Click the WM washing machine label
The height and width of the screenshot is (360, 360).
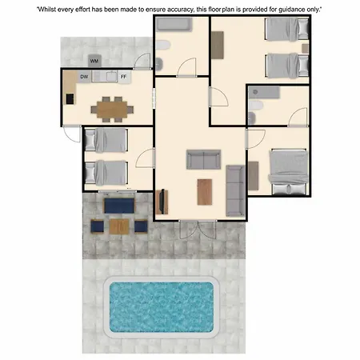coord(94,61)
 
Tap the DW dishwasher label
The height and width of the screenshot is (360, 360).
coord(84,77)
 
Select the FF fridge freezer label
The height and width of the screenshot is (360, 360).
coord(123,77)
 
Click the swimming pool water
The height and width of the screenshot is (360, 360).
coord(162,307)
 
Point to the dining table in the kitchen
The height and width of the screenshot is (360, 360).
coord(112,110)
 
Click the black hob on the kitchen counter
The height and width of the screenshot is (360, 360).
coord(70,98)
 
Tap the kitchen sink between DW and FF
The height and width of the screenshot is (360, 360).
coord(112,77)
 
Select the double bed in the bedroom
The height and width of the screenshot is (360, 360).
coord(288,172)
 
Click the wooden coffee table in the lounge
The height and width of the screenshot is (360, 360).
coord(205,192)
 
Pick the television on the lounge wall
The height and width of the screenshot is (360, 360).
coord(162,202)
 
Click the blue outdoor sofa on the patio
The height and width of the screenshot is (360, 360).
coord(119,206)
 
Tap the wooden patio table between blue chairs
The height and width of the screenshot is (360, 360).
coord(119,226)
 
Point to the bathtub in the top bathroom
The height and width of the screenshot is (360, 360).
coord(174,25)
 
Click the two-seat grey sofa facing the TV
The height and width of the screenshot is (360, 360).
coord(203,159)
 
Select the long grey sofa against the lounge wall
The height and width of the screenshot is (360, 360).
coord(235,190)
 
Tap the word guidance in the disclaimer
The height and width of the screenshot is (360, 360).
coord(291,10)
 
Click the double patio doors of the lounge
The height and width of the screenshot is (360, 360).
coord(198,230)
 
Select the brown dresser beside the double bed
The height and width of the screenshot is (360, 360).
coord(253,176)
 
